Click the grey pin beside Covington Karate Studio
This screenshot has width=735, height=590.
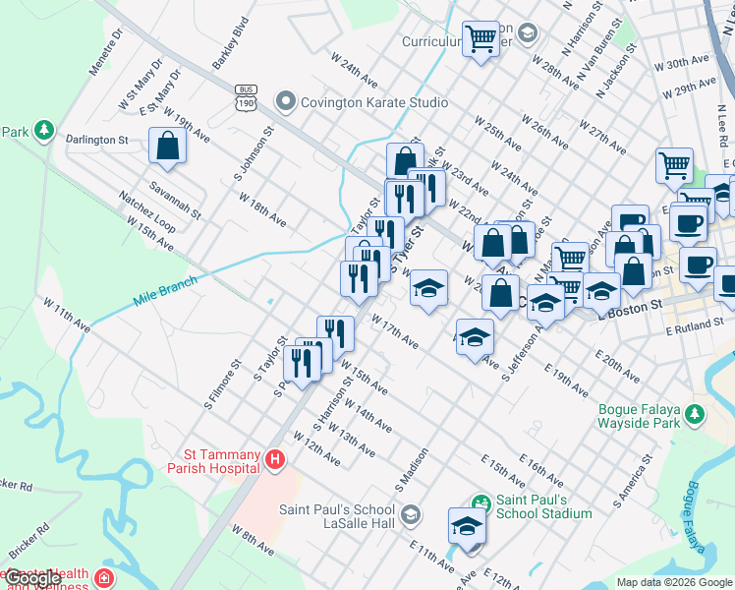coord(286,101)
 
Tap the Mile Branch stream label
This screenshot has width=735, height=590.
coord(164,292)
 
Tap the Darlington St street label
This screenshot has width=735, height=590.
coord(96,140)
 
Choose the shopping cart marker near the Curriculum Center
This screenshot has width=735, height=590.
coord(481,39)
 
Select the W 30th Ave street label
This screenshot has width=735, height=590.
coord(687,64)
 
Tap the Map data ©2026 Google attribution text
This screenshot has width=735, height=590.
coord(674,582)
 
